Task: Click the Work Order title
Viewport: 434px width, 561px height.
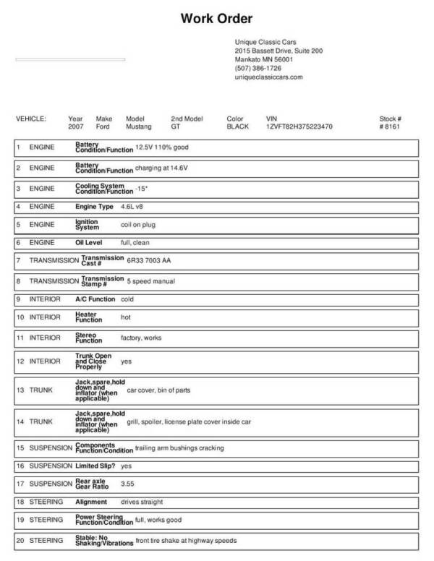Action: pyautogui.click(x=216, y=19)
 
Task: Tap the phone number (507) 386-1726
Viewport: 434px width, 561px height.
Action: pyautogui.click(x=258, y=68)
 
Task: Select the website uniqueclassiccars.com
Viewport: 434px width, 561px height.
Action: pyautogui.click(x=268, y=77)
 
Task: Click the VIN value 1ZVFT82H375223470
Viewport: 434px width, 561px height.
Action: pyautogui.click(x=299, y=127)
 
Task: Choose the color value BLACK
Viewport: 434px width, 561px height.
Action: pyautogui.click(x=237, y=127)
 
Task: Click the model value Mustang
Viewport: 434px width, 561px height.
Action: pyautogui.click(x=139, y=127)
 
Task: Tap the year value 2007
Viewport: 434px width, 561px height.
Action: pyautogui.click(x=76, y=127)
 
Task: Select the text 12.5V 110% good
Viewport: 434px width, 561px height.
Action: pyautogui.click(x=161, y=147)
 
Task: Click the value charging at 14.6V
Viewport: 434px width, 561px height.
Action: pyautogui.click(x=161, y=168)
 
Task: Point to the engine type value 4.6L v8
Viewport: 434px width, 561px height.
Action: pyautogui.click(x=132, y=207)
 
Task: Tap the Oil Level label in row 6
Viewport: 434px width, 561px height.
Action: pyautogui.click(x=90, y=243)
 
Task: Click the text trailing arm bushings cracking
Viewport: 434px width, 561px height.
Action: pyautogui.click(x=179, y=448)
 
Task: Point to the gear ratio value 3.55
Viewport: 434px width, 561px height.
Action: pyautogui.click(x=127, y=483)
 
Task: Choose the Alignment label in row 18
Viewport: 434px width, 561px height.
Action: pyautogui.click(x=91, y=502)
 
